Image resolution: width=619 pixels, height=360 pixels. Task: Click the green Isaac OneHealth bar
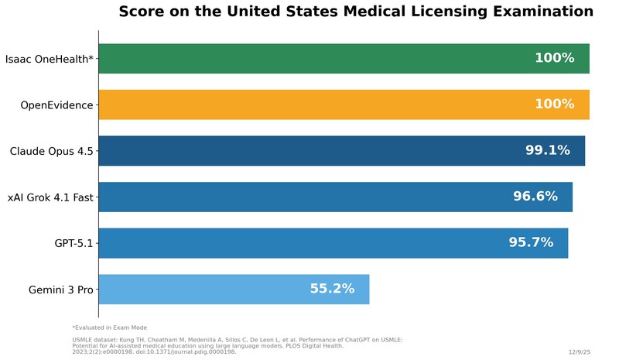309,59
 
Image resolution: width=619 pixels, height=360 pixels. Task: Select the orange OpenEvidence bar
309,105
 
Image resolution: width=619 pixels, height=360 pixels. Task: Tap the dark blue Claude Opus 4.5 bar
309,151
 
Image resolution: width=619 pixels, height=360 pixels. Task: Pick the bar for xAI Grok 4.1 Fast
309,197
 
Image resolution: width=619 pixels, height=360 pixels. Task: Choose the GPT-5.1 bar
309,243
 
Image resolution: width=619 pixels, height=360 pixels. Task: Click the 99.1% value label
547,151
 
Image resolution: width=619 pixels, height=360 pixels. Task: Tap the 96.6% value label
535,197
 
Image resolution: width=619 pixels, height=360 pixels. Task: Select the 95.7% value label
531,243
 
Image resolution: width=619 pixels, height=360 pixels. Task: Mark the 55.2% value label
332,289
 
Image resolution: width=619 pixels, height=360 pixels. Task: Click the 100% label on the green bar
554,59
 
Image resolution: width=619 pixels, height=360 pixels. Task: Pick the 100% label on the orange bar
554,105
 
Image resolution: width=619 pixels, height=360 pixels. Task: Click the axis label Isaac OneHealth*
49,59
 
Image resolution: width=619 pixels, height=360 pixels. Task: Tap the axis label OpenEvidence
56,105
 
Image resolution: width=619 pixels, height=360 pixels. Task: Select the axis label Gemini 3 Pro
60,290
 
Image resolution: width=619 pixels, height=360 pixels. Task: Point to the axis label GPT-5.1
74,244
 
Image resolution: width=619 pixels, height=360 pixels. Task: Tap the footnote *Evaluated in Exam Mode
109,327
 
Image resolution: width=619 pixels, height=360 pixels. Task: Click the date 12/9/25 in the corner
579,351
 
